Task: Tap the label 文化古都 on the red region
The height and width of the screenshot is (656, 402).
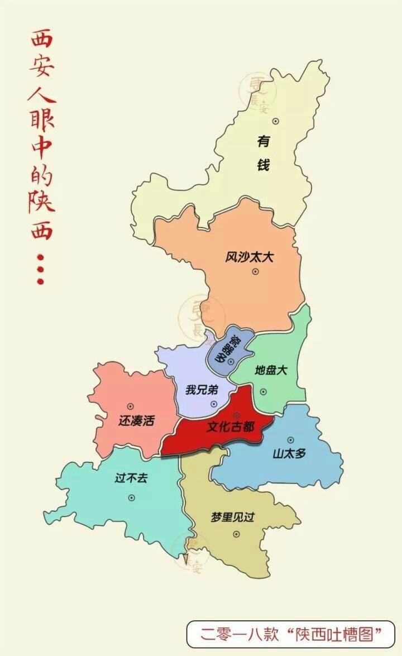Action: pyautogui.click(x=230, y=427)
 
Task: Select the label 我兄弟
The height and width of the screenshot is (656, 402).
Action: pyautogui.click(x=202, y=390)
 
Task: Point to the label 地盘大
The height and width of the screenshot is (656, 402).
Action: pyautogui.click(x=271, y=370)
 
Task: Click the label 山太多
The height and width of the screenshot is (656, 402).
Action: pyautogui.click(x=289, y=453)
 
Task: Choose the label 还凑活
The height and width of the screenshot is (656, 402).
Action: pyautogui.click(x=136, y=420)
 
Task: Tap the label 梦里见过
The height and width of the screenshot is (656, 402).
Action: pyautogui.click(x=232, y=517)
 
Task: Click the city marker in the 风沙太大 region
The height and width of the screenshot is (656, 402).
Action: pyautogui.click(x=255, y=271)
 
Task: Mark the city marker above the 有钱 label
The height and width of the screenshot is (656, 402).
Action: pyautogui.click(x=275, y=121)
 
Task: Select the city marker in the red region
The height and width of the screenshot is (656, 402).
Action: pyautogui.click(x=236, y=415)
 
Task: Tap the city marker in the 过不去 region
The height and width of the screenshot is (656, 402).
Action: pyautogui.click(x=132, y=497)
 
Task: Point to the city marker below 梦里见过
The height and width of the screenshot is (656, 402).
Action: pyautogui.click(x=236, y=534)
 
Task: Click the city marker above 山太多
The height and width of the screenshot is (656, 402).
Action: pyautogui.click(x=290, y=440)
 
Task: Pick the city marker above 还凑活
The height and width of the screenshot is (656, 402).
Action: pyautogui.click(x=131, y=406)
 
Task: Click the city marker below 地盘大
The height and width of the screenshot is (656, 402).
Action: pyautogui.click(x=264, y=391)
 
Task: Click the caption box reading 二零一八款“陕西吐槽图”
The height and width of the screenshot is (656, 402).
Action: pyautogui.click(x=290, y=634)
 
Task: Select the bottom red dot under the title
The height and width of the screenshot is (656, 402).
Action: pyautogui.click(x=40, y=281)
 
